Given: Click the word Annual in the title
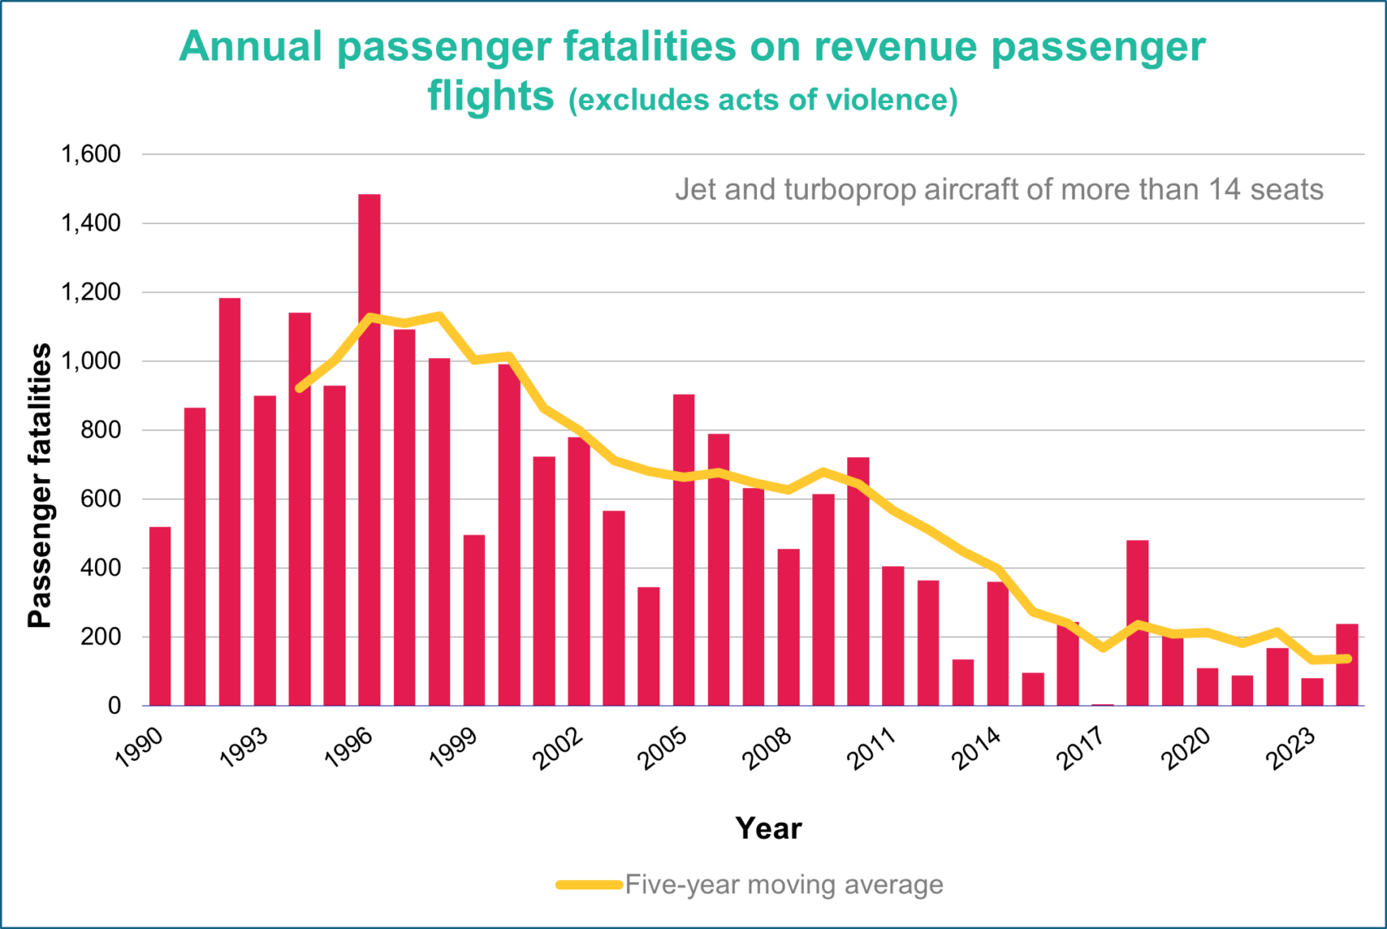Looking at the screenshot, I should (x=250, y=48).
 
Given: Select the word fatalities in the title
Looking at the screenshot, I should (x=650, y=48).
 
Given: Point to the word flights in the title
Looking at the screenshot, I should (x=491, y=97).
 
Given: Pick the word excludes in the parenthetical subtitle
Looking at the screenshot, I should (x=643, y=101).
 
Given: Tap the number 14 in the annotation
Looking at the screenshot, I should (x=1225, y=190).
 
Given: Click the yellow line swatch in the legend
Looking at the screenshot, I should (x=589, y=885).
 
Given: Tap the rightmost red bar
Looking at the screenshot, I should (x=1347, y=664).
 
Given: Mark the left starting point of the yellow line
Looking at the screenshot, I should (x=300, y=388).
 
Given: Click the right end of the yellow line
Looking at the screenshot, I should (x=1347, y=658).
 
